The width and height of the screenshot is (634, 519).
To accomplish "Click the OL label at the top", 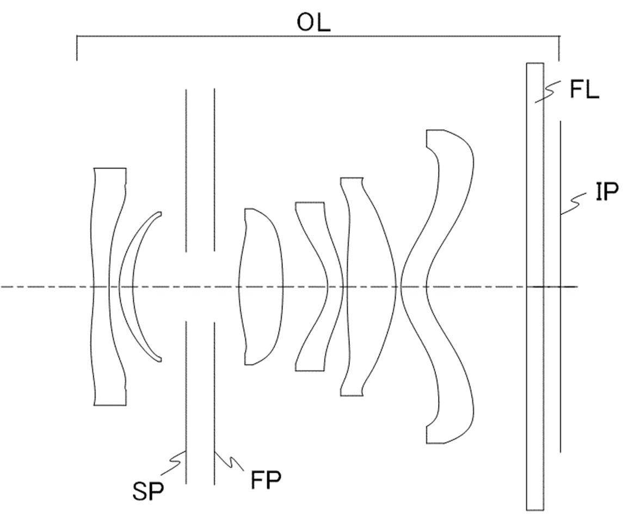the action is (x=313, y=24).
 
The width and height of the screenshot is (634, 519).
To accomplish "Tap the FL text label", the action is (x=584, y=90).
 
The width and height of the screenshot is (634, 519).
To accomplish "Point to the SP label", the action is (x=148, y=491).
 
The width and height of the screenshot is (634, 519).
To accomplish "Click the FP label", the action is (x=266, y=480).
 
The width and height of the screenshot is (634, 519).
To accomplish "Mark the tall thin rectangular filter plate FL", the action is (x=534, y=287).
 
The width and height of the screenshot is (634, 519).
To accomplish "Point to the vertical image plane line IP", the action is (x=561, y=287).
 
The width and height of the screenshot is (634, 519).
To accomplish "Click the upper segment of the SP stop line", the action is (x=186, y=170).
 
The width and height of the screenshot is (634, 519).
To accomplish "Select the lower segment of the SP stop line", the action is (x=186, y=403).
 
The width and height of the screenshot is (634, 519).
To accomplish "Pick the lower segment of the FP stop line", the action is (x=214, y=403).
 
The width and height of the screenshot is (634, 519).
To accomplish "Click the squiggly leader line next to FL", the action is (x=548, y=91).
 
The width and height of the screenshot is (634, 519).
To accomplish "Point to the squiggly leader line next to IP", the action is (x=573, y=203).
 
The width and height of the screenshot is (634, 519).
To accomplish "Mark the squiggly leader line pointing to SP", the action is (x=173, y=462).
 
